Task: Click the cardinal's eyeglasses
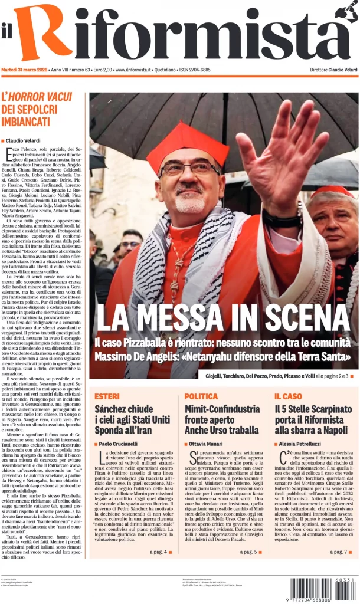tap(189, 169)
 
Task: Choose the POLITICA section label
tap(201, 396)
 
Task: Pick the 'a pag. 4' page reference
tap(158, 552)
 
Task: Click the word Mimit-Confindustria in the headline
tap(222, 409)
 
